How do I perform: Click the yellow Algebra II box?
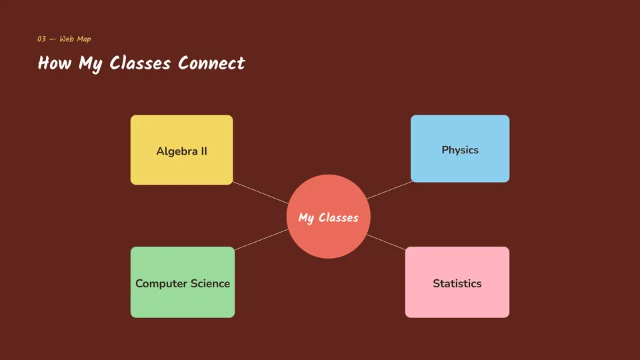181,150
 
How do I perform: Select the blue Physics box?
460,149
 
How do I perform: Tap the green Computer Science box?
183,282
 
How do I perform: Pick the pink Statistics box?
457,282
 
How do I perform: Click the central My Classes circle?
329,216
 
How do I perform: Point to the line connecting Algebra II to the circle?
261,193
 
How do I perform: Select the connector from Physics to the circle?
390,190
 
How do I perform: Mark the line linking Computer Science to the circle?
261,239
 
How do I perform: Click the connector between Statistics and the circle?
386,242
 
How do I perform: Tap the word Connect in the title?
211,63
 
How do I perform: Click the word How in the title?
55,63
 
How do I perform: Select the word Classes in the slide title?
140,63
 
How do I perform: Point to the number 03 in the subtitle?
41,39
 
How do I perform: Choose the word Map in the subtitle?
84,39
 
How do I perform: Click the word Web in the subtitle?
67,39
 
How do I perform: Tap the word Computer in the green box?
161,284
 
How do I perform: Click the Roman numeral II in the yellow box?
204,151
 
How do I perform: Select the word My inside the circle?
307,218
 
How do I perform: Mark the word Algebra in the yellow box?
177,151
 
